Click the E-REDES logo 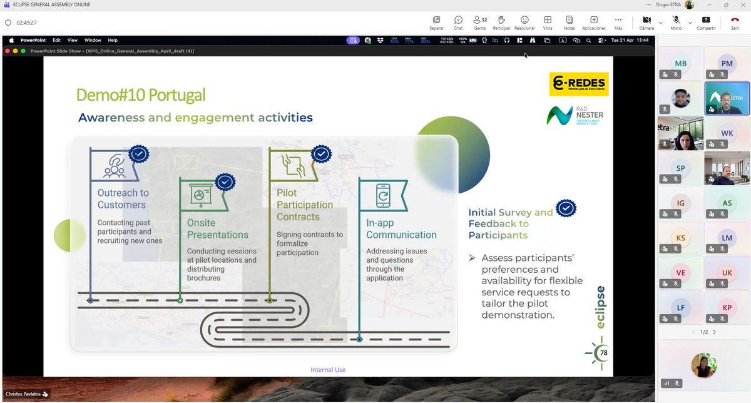(578, 84)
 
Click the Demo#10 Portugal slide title (140, 95)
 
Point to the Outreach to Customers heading (123, 199)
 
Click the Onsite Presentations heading (217, 228)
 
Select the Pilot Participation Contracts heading (305, 205)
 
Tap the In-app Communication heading (401, 228)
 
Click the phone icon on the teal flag (382, 195)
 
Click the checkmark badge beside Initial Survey (566, 208)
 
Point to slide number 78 (603, 353)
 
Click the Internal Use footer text (328, 370)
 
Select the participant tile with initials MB (681, 64)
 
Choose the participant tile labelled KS (681, 238)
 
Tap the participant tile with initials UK (727, 273)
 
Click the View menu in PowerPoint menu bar (73, 40)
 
